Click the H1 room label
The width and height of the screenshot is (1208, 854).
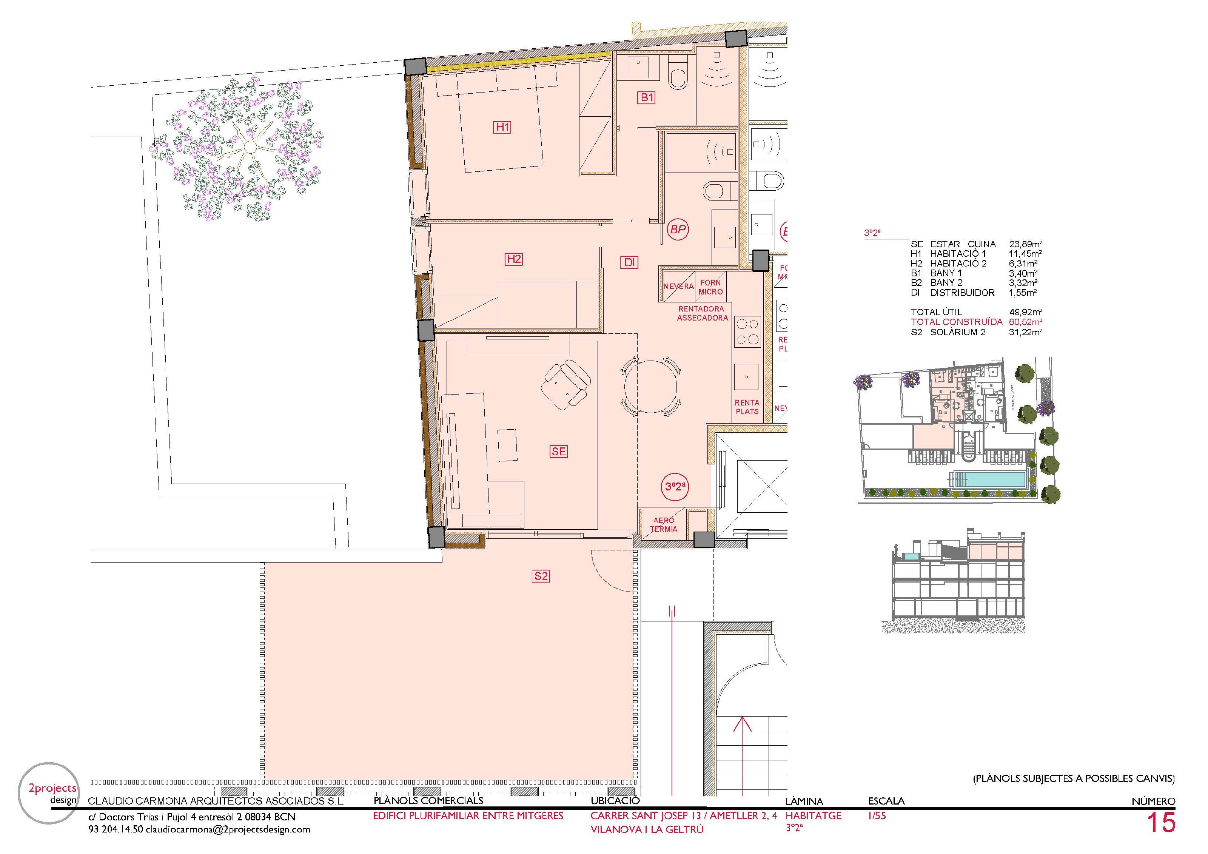502,127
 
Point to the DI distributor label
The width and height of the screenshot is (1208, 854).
630,262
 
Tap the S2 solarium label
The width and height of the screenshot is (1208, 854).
541,576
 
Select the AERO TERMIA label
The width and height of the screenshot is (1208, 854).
663,525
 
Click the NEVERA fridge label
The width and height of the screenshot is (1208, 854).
678,286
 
